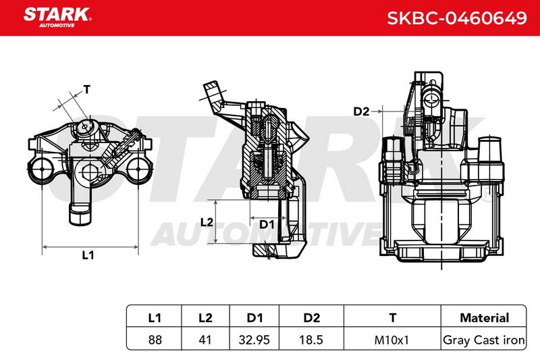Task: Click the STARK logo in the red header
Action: pyautogui.click(x=57, y=18)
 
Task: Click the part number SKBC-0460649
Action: pyautogui.click(x=457, y=18)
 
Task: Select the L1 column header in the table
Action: pyautogui.click(x=155, y=317)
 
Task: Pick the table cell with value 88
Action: pyautogui.click(x=155, y=340)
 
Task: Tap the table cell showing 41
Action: pyautogui.click(x=205, y=340)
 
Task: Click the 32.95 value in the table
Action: pyautogui.click(x=254, y=340)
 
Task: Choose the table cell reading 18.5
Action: pyautogui.click(x=311, y=340)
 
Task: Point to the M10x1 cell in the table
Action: pyautogui.click(x=391, y=340)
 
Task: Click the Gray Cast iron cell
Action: pyautogui.click(x=484, y=340)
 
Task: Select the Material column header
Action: pyautogui.click(x=484, y=317)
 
